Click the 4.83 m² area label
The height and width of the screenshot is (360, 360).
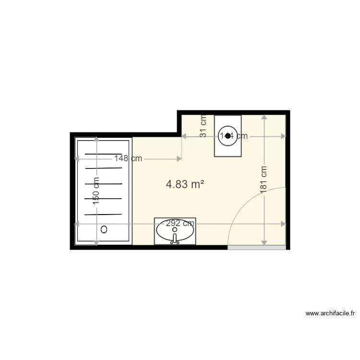pos(185,184)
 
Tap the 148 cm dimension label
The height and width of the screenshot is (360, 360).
pos(128,158)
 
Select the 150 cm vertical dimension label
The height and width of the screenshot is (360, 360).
pos(96,191)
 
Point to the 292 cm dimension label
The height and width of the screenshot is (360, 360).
pos(180,223)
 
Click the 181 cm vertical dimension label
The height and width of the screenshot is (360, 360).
pos(264,180)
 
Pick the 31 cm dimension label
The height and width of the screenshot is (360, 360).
pos(203,127)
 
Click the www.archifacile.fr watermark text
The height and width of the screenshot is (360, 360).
pos(330,314)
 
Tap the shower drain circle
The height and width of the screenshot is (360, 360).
pos(104,229)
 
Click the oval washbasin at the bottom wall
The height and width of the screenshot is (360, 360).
pos(175,231)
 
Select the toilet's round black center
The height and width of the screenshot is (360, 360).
pos(228,136)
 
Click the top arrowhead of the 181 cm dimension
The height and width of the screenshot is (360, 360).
pos(264,117)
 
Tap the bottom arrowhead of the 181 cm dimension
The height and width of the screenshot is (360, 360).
pos(264,242)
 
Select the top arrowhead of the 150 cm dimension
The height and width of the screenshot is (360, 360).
pos(96,140)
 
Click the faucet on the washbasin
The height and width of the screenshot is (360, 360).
pos(175,240)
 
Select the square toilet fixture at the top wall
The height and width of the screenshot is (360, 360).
pos(228,136)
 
